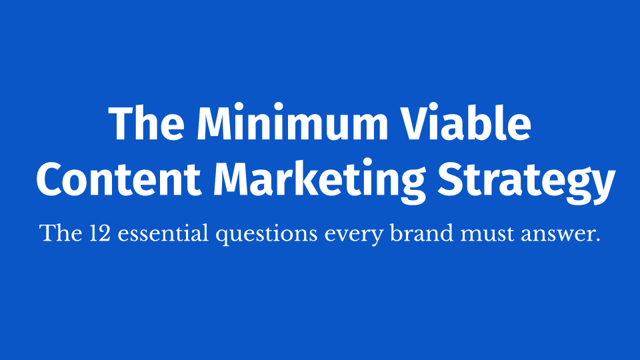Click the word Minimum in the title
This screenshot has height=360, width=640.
pyautogui.click(x=292, y=123)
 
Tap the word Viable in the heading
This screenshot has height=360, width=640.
pyautogui.click(x=465, y=123)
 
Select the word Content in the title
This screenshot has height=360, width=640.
pyautogui.click(x=119, y=179)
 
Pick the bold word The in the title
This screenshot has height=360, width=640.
pyautogui.click(x=147, y=123)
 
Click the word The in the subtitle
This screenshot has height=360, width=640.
pyautogui.click(x=61, y=233)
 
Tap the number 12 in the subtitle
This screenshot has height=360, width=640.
pyautogui.click(x=99, y=233)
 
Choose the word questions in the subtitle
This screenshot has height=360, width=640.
pyautogui.click(x=267, y=235)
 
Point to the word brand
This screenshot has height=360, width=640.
pyautogui.click(x=421, y=233)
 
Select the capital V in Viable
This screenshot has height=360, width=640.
pyautogui.click(x=416, y=123)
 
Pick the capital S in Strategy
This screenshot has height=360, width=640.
pyautogui.click(x=452, y=179)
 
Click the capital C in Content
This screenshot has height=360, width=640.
pyautogui.click(x=51, y=179)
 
